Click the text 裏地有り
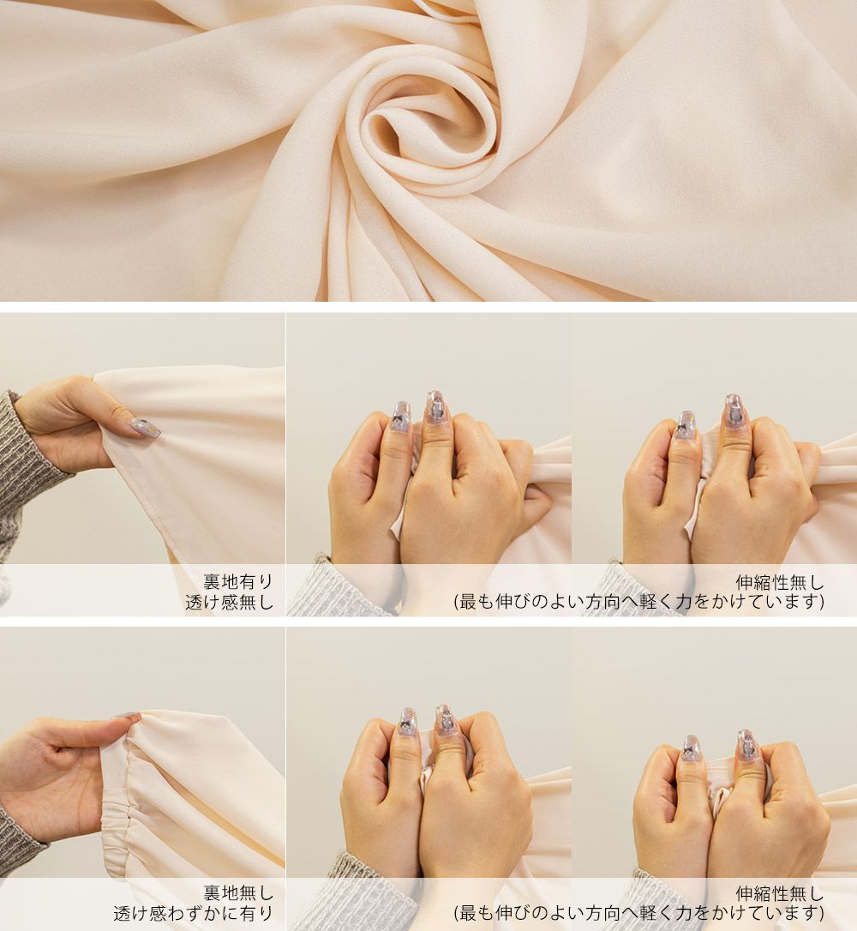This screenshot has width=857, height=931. pos(238,581)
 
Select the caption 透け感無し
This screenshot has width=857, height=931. pos(229,602)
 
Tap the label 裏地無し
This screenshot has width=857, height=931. pos(238,893)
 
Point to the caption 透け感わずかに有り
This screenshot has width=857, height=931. pos(194,913)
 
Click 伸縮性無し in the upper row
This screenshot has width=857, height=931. pos(780,582)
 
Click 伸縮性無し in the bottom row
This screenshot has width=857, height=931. pos(780,893)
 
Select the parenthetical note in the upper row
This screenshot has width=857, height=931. pos(639,602)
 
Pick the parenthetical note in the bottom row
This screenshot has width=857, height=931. pos(639,913)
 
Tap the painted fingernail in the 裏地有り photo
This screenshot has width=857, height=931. pos(145,427)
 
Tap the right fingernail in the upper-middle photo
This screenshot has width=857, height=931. pos(435,408)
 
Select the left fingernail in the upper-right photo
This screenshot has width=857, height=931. pos(686,425)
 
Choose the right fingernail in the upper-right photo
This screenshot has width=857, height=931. pos(734,411)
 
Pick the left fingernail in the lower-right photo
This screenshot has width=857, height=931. pos(690,748)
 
